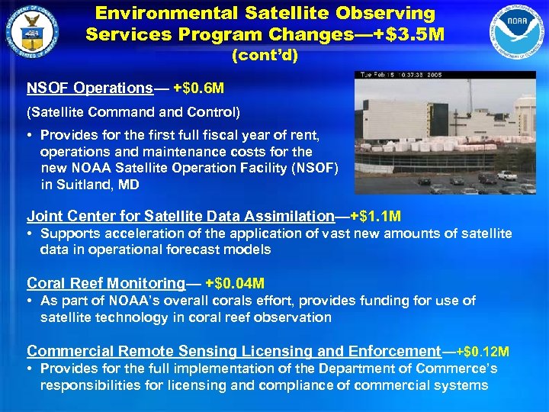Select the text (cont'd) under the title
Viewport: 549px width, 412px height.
point(264,56)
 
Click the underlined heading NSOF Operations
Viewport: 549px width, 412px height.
point(90,88)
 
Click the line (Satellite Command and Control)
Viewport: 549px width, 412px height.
point(133,113)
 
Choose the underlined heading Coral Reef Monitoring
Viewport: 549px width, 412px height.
point(106,283)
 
